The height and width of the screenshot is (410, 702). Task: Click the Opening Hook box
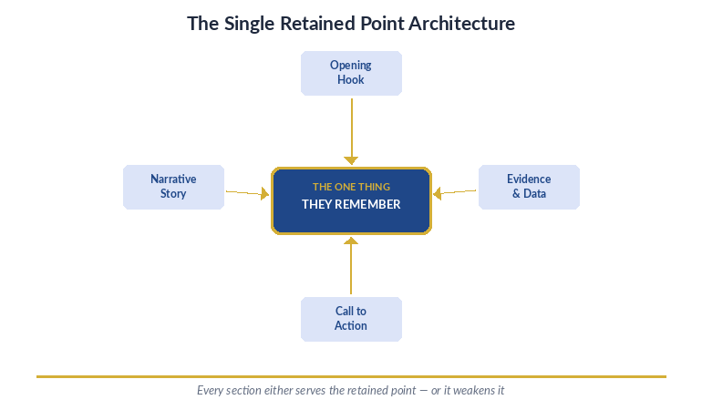click(351, 73)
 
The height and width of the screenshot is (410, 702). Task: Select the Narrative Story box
click(173, 187)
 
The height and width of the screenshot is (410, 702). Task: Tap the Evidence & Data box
click(529, 187)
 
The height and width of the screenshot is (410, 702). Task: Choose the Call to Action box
click(351, 319)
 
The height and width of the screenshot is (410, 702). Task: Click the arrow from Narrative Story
click(246, 193)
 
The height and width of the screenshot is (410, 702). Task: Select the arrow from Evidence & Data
click(456, 192)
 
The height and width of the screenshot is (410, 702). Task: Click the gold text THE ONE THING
click(351, 187)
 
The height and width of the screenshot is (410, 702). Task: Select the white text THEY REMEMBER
click(351, 204)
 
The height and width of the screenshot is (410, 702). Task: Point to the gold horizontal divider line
click(351, 375)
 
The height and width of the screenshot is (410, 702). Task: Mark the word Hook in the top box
click(351, 80)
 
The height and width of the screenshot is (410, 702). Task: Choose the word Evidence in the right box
click(529, 179)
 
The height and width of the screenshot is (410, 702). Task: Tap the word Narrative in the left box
click(173, 179)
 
